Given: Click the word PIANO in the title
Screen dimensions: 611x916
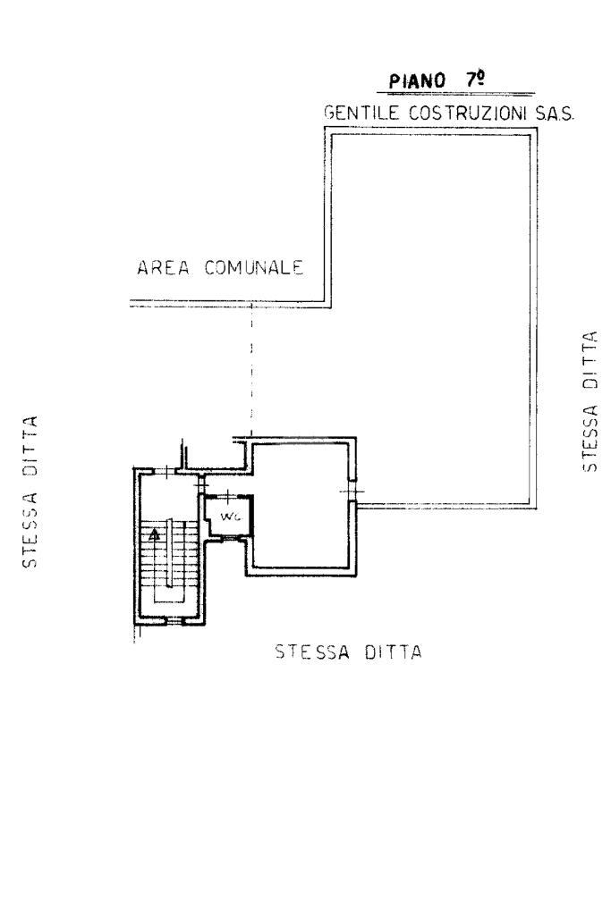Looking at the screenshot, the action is [x=417, y=80].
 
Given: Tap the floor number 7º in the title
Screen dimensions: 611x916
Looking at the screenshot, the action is [x=475, y=79].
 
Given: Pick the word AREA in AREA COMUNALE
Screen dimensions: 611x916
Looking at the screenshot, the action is [x=163, y=268].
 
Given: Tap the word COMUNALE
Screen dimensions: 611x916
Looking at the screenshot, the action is [x=254, y=267].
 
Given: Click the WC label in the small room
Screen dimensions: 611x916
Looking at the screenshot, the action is [x=227, y=517].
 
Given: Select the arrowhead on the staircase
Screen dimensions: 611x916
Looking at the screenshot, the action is [x=155, y=533].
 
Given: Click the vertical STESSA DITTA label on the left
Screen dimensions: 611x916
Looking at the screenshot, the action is [x=30, y=492].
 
